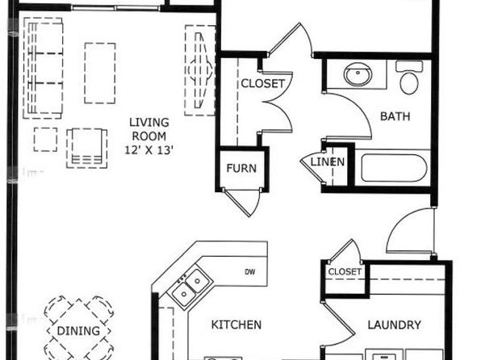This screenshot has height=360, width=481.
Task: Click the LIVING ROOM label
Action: point(149,129)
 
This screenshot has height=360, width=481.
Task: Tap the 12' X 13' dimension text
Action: point(149,150)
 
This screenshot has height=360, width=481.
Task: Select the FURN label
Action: point(241,168)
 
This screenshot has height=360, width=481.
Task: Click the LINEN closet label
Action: point(328,161)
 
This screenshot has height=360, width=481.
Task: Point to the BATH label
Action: point(395,116)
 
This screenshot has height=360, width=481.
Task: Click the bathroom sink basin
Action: point(358,74)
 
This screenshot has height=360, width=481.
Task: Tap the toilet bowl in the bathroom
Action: point(409,82)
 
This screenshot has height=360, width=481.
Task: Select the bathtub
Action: point(394,168)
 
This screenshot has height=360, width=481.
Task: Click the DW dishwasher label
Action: point(250,271)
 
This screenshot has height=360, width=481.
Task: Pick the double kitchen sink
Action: point(190,287)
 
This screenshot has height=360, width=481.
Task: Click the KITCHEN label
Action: point(236,324)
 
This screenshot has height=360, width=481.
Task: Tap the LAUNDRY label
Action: point(394,324)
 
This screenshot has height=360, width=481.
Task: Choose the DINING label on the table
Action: point(78,331)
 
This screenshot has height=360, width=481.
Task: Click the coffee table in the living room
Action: point(100,73)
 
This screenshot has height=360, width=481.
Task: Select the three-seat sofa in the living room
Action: point(44,68)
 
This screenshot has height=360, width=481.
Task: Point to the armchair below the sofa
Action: point(87,149)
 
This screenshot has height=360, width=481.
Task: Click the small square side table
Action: point(45,140)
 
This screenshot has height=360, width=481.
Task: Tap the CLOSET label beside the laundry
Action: point(345,271)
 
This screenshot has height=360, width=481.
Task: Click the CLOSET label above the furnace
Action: point(263,83)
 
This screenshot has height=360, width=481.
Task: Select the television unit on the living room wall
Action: point(200,70)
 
